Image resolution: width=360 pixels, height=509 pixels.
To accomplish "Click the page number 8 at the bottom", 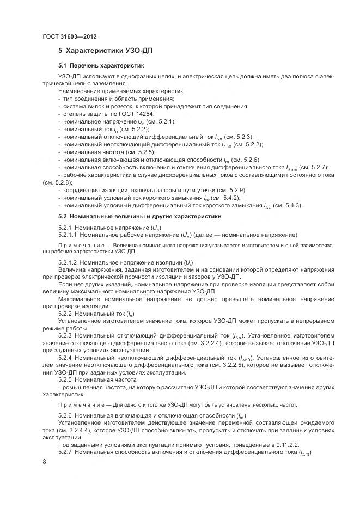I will pos(44,462).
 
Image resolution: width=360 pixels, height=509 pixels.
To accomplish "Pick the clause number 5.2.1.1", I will pos(68,235).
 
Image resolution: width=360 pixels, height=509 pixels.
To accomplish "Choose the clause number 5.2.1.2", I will pos(68,262).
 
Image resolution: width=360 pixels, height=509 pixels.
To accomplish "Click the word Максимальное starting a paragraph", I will pos(79,299).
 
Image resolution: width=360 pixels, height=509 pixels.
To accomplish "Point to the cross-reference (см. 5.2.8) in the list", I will pos(57,182).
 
